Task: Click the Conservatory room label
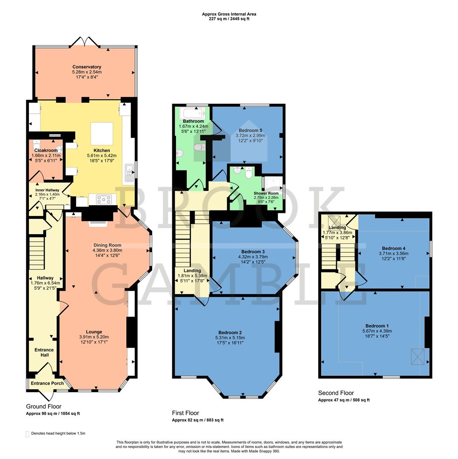[87, 67]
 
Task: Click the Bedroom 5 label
[248, 130]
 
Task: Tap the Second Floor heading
[336, 393]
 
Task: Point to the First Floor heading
[185, 413]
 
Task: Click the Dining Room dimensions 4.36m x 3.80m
[108, 250]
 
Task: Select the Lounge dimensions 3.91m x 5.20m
[94, 337]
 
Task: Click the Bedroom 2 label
[230, 332]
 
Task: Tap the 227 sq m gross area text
[229, 19]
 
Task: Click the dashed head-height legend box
[28, 433]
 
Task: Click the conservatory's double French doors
[85, 42]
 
